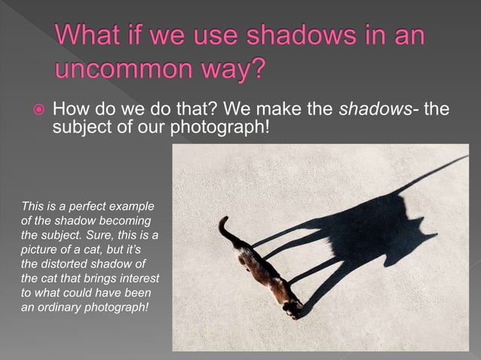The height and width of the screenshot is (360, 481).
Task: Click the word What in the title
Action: pyautogui.click(x=87, y=35)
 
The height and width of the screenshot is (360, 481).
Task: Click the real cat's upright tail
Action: pyautogui.click(x=224, y=226)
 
